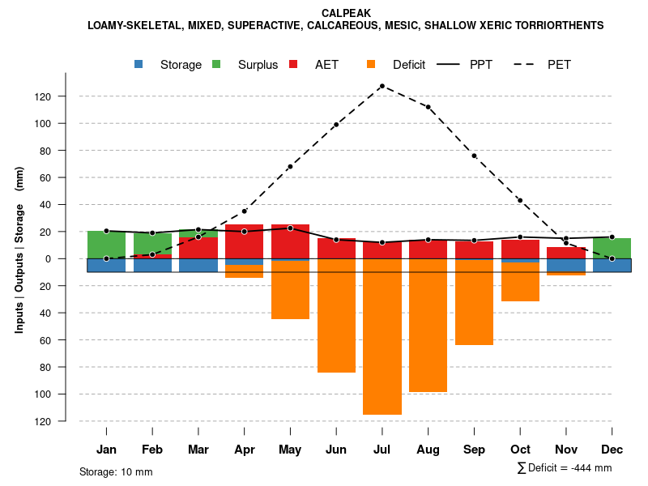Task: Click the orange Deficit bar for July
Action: [x=382, y=336]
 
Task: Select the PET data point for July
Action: [x=382, y=86]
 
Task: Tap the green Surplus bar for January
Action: [x=106, y=245]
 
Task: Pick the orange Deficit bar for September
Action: [x=474, y=302]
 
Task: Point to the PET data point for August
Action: [x=428, y=107]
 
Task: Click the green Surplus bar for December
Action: [x=612, y=248]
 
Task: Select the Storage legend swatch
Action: [x=139, y=65]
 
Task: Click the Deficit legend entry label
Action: [x=409, y=65]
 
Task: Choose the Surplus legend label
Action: [x=258, y=65]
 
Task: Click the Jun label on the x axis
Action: [x=336, y=450]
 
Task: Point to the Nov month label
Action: [x=566, y=450]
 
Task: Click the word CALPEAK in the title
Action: [x=345, y=13]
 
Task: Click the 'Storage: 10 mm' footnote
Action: [x=116, y=471]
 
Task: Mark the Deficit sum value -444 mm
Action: [x=590, y=468]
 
